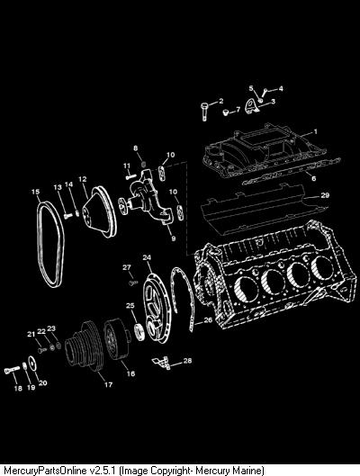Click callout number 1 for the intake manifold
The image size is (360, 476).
316,131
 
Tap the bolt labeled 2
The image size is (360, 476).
204,112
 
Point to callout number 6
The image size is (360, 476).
313,178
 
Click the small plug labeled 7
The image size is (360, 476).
225,113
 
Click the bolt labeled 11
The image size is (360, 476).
130,176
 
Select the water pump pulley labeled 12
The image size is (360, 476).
100,211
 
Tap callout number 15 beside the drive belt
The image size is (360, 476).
35,192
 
